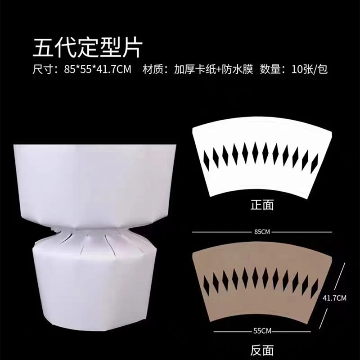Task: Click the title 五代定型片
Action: point(87,49)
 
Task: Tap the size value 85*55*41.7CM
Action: point(98,69)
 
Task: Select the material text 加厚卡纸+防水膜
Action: point(213,69)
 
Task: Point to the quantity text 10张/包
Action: point(310,69)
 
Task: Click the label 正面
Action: point(262,205)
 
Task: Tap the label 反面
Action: point(262,350)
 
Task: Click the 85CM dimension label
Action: point(262,232)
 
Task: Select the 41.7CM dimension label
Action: point(334,298)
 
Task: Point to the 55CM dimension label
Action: point(262,331)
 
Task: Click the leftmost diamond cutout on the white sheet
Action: point(207,160)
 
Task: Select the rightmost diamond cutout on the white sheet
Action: point(314,163)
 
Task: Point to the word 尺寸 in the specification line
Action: point(41,69)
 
